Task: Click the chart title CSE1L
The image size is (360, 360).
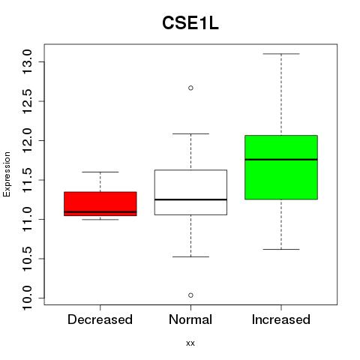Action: tap(190, 23)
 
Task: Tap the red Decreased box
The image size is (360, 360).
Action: tap(100, 204)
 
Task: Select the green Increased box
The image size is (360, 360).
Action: tap(281, 167)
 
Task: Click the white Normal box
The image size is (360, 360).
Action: tap(190, 192)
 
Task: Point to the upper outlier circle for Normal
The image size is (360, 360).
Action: tap(190, 88)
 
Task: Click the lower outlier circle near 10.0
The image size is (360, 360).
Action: tap(190, 295)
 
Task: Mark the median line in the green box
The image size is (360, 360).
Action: tap(281, 159)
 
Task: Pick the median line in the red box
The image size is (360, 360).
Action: tap(100, 211)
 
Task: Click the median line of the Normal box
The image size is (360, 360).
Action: tap(190, 199)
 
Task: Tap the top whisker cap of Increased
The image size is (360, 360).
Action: tap(281, 54)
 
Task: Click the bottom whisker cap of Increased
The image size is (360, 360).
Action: tap(281, 249)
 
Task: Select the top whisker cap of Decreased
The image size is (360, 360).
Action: tap(100, 172)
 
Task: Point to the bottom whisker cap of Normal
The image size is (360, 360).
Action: tap(190, 256)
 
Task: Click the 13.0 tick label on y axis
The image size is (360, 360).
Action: tap(27, 61)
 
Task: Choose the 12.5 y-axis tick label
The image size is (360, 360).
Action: tap(27, 101)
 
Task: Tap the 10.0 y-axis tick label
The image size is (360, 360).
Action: tap(27, 298)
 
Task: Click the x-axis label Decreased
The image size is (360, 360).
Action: tap(100, 319)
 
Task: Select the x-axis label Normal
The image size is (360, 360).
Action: tap(190, 319)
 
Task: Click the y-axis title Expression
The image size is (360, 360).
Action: tap(7, 174)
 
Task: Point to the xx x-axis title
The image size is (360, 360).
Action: tap(190, 343)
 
